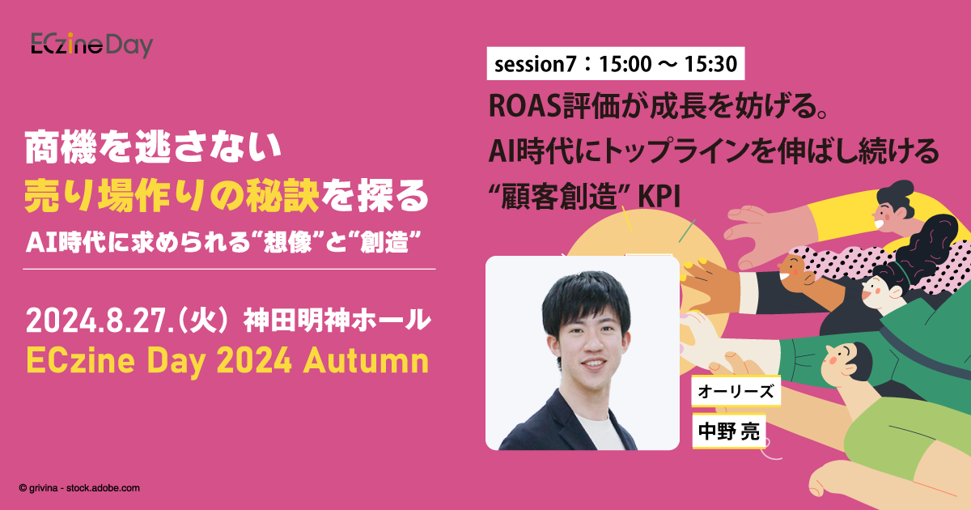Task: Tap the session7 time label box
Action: pyautogui.click(x=614, y=65)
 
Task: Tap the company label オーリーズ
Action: pyautogui.click(x=736, y=393)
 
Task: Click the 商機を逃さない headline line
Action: pyautogui.click(x=152, y=148)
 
